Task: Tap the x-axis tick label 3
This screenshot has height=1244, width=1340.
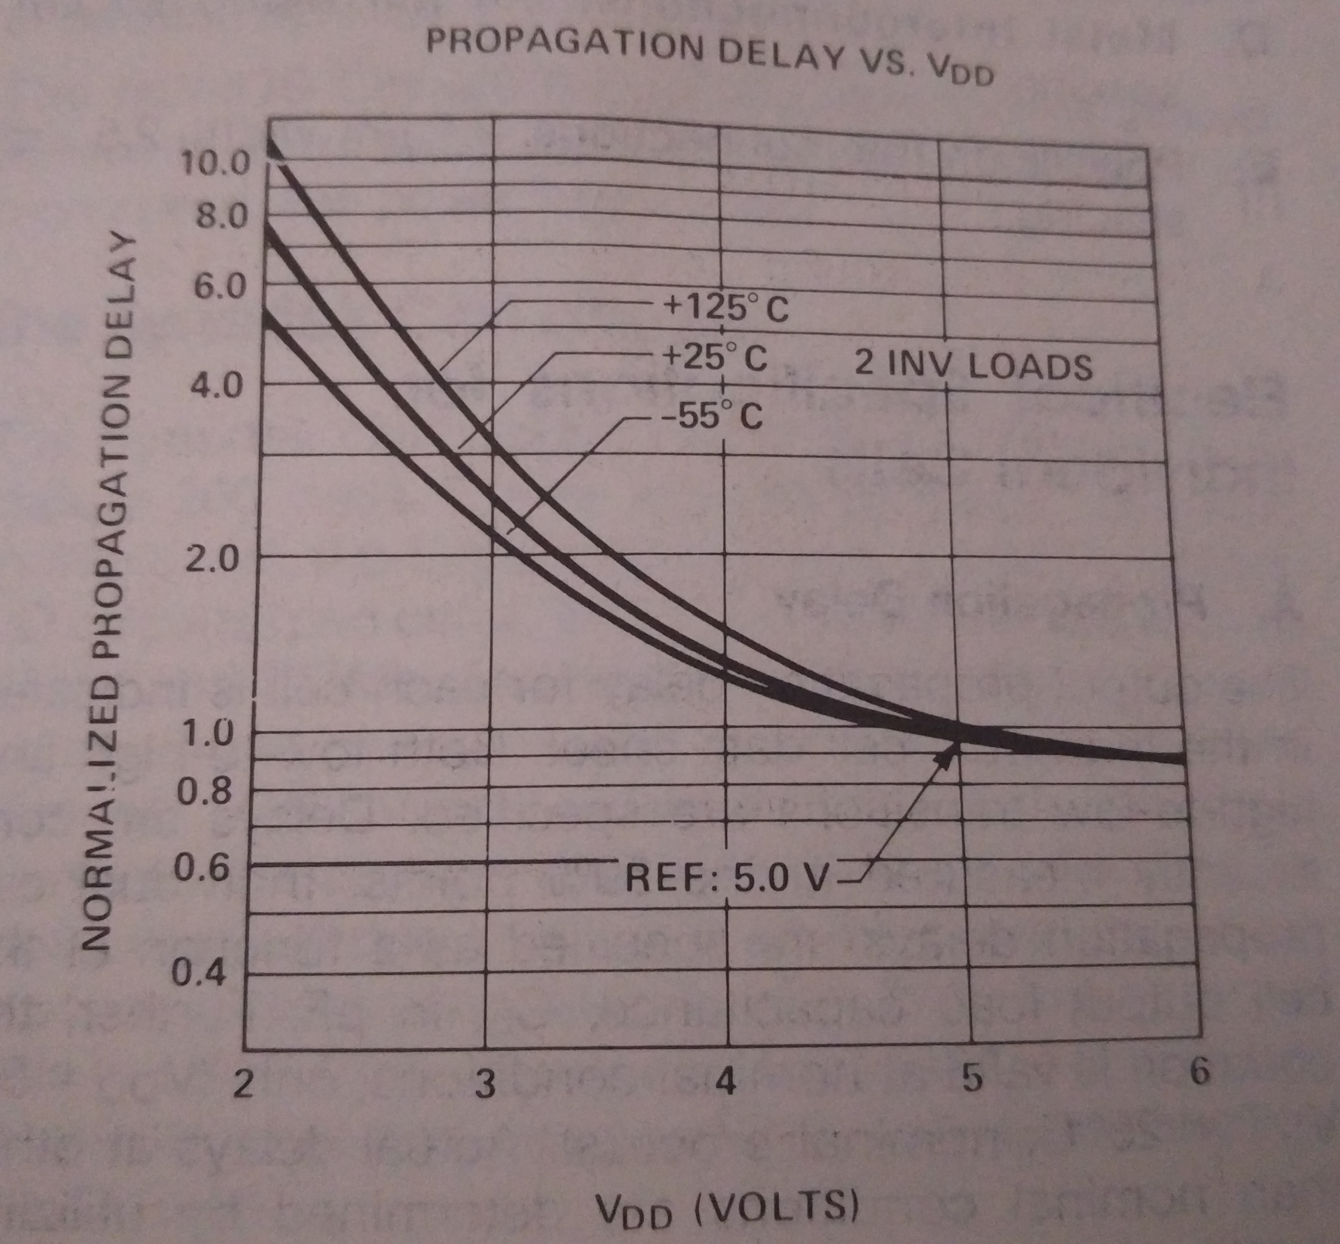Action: [485, 1084]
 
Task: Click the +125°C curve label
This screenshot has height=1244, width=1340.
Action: [726, 310]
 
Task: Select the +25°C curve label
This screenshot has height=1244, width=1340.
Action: [716, 359]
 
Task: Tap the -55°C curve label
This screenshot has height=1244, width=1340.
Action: [712, 418]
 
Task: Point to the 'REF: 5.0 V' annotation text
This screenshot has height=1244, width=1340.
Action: [725, 878]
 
